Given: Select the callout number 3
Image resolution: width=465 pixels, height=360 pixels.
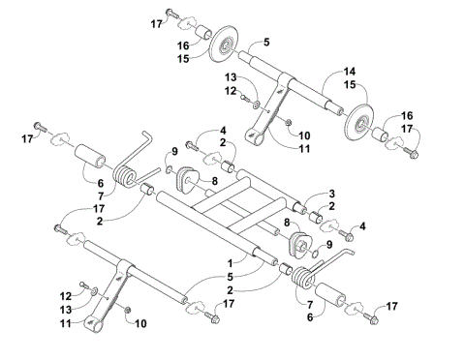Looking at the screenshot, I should (x=331, y=194).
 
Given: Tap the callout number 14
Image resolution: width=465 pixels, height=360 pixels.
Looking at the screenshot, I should (x=351, y=73).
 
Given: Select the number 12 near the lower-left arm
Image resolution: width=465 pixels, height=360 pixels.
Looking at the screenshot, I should (x=65, y=294).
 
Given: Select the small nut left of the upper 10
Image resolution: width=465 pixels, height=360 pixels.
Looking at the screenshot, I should (x=288, y=120).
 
